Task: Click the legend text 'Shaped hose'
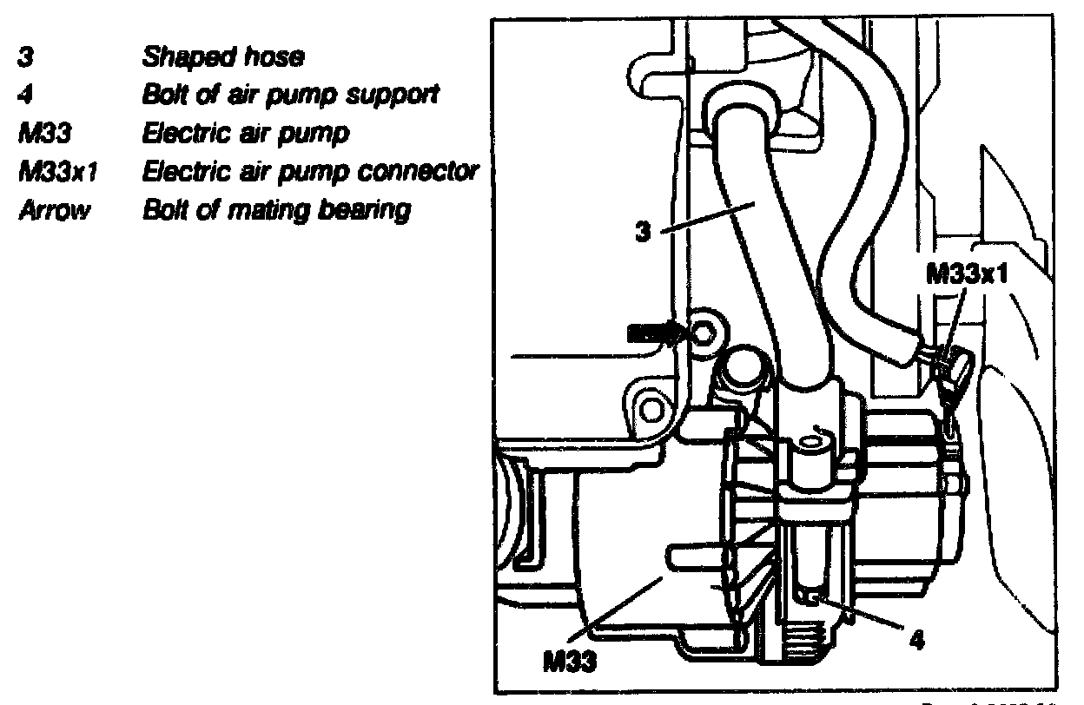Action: tap(223, 59)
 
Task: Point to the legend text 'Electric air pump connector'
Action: tap(310, 172)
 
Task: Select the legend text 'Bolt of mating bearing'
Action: tap(275, 210)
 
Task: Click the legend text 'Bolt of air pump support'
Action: tap(288, 96)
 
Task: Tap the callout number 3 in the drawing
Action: tap(644, 234)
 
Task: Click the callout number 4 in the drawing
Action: tap(916, 643)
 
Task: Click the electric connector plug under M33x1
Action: tap(952, 372)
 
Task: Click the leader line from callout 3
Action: tap(708, 216)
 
